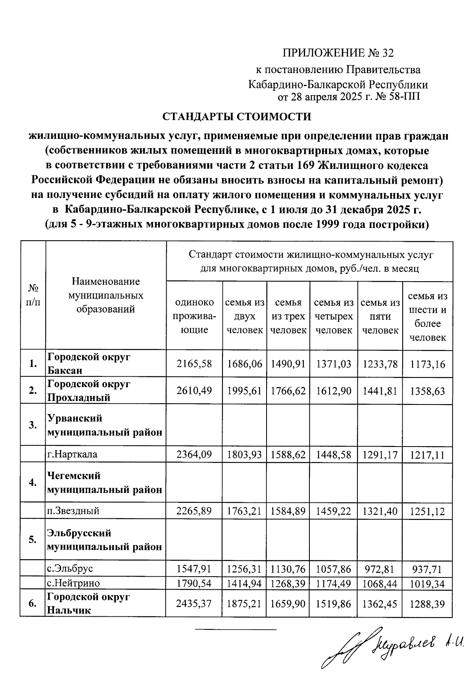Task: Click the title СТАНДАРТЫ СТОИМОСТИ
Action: tap(237, 117)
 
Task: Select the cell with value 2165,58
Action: tap(194, 363)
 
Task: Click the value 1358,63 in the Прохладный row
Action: tap(428, 391)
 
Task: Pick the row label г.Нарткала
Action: tap(73, 454)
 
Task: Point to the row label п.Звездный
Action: tap(73, 511)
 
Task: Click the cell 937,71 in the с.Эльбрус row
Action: tap(428, 569)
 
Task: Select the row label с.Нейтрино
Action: tap(74, 583)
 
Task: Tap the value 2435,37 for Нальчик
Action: tap(194, 603)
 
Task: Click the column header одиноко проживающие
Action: tap(194, 316)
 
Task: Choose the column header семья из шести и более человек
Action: tap(428, 316)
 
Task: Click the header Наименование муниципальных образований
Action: tap(106, 295)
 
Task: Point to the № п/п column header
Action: tap(33, 295)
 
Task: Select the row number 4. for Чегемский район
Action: tap(33, 482)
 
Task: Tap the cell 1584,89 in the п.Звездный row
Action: tap(288, 511)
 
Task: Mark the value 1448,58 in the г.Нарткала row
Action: tap(334, 454)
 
